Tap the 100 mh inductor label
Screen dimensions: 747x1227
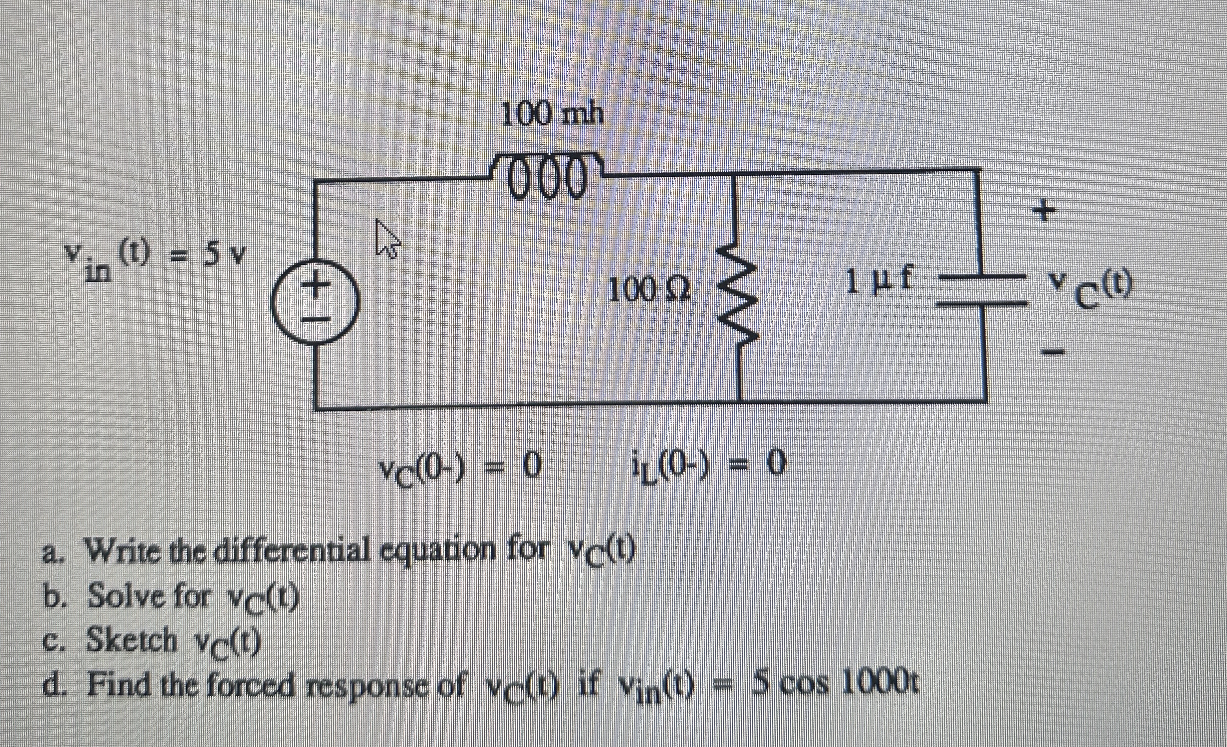coord(552,116)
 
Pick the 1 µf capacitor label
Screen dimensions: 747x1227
coord(879,282)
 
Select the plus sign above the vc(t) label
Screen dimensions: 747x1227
coord(1045,210)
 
